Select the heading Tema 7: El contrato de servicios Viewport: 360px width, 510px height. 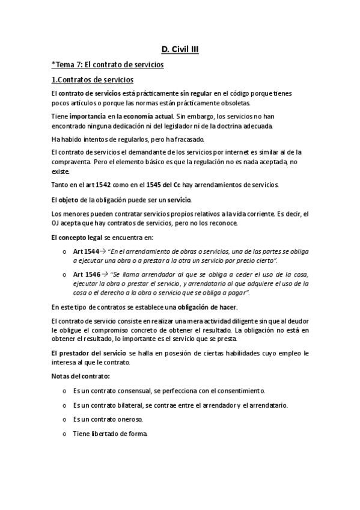pos(108,65)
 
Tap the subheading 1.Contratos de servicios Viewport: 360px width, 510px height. pos(93,80)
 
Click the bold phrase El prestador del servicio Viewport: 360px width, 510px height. pos(88,353)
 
